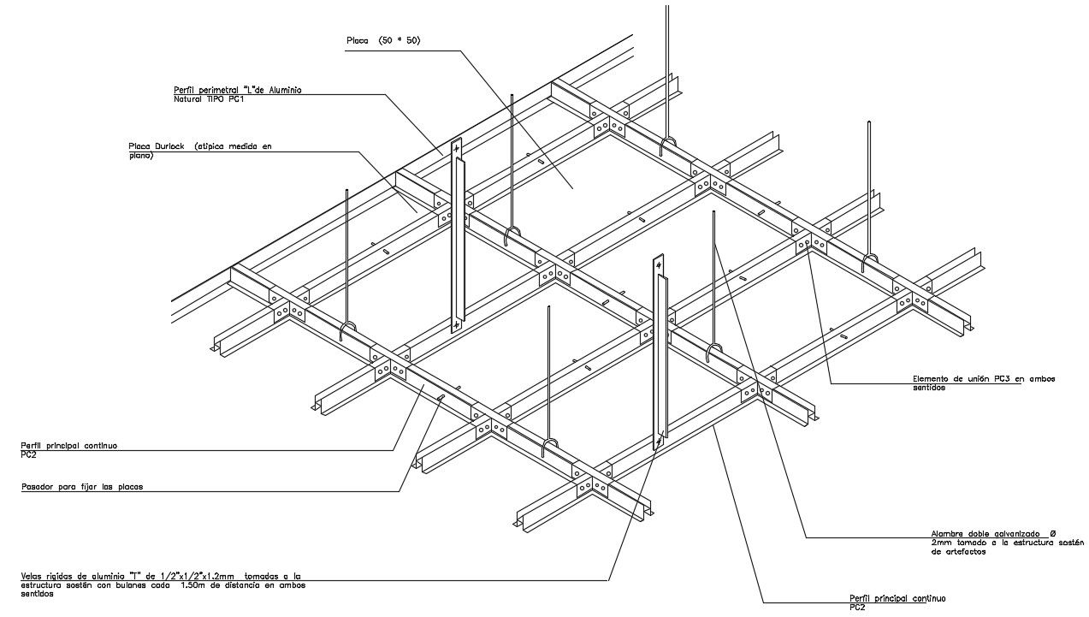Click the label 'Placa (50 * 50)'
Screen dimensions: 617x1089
pos(383,41)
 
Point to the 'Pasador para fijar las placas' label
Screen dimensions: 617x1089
pos(81,487)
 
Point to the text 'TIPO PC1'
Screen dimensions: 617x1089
pos(226,99)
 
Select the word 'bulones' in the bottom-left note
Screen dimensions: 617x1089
pos(136,585)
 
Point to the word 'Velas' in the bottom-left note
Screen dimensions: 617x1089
pos(32,576)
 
